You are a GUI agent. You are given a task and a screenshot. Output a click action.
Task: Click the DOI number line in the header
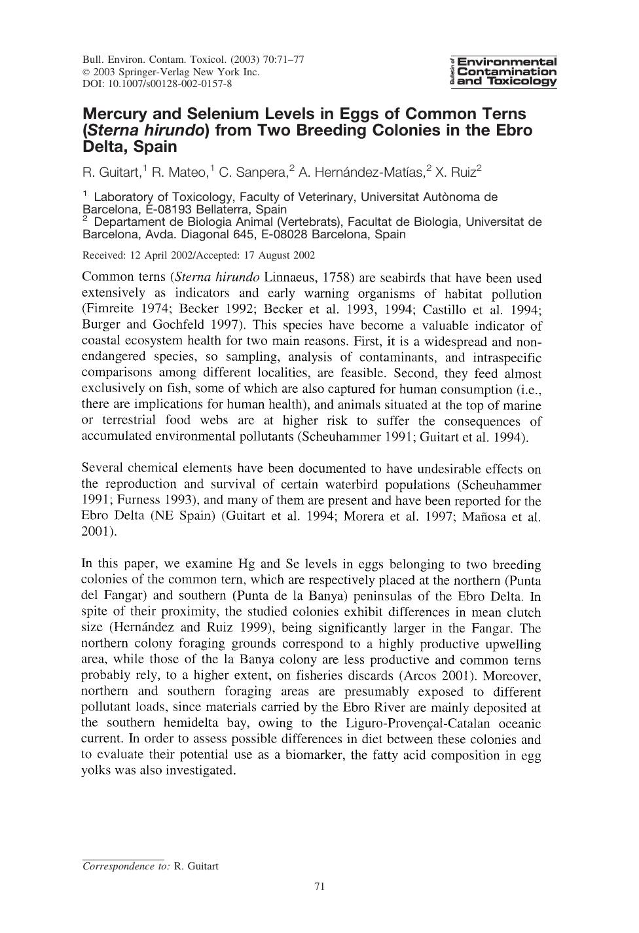pos(157,84)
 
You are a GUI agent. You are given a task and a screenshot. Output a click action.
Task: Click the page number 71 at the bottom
pos(319,887)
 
